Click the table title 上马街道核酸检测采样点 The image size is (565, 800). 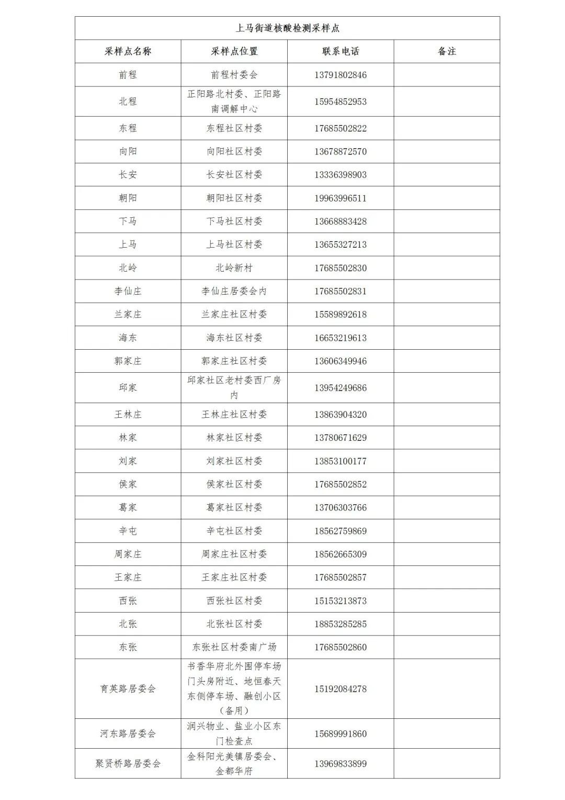pos(287,28)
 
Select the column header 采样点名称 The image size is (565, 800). pos(128,51)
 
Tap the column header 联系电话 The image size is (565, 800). pos(341,51)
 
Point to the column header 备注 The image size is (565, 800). pos(447,51)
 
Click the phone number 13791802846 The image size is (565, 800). pos(341,75)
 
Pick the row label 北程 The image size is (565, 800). pos(128,102)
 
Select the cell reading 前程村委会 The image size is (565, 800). pos(234,75)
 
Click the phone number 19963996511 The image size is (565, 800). pos(341,198)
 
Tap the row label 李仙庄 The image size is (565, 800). pos(128,291)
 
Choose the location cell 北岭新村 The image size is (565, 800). pos(234,268)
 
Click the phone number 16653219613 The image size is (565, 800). pos(341,338)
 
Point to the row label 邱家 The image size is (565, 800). pos(128,387)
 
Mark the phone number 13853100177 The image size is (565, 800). pos(341,461)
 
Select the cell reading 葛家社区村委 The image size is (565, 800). pos(234,507)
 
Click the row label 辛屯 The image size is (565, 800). pos(128,531)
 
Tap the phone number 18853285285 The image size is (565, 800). pos(341,624)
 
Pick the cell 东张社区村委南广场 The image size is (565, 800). pos(234,647)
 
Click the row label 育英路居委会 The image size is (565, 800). pos(128,689)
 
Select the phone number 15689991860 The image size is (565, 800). pos(341,734)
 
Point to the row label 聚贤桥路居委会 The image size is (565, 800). pos(128,763)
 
